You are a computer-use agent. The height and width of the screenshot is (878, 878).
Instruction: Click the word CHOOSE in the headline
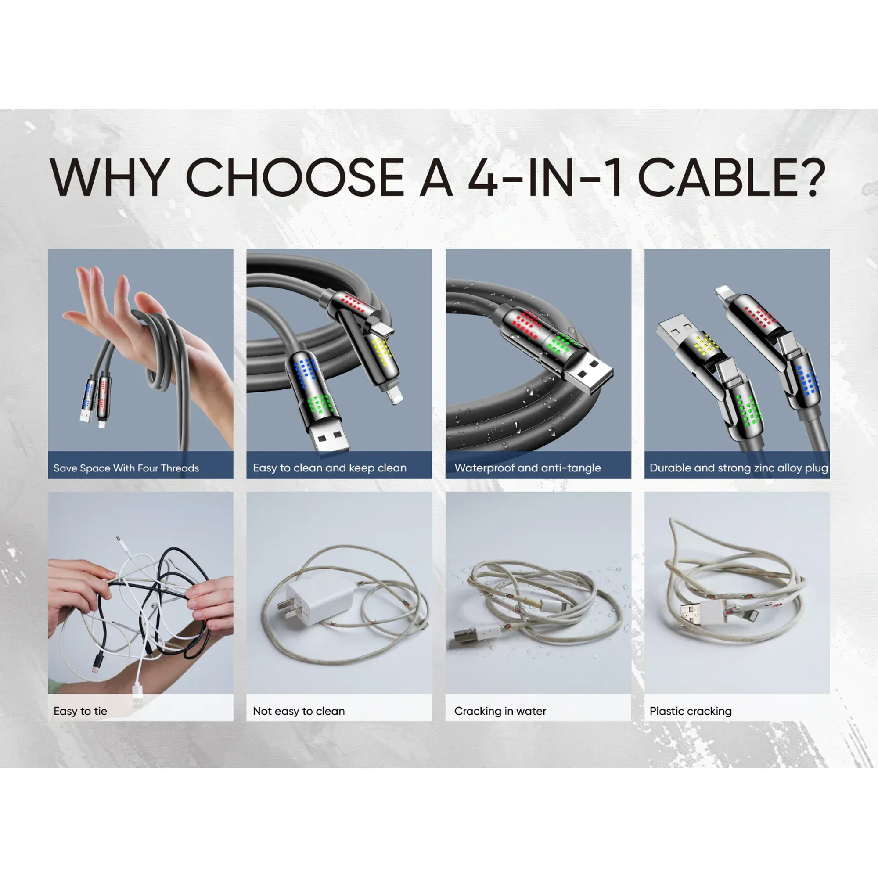(295, 177)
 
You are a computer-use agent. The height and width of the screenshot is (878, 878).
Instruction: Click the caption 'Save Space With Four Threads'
(126, 468)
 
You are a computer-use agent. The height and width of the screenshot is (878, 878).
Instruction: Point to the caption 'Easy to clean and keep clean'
(330, 468)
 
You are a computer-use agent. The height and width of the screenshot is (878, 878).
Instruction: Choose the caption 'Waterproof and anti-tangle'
(528, 468)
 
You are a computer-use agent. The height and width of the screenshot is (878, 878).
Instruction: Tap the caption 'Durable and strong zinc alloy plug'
(738, 468)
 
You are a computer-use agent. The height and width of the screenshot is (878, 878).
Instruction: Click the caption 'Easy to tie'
(80, 711)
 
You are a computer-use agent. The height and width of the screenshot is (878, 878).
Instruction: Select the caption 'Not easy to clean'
(299, 711)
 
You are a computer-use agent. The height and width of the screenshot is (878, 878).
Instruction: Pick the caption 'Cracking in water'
(500, 711)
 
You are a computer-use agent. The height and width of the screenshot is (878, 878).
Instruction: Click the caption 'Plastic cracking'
(690, 711)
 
